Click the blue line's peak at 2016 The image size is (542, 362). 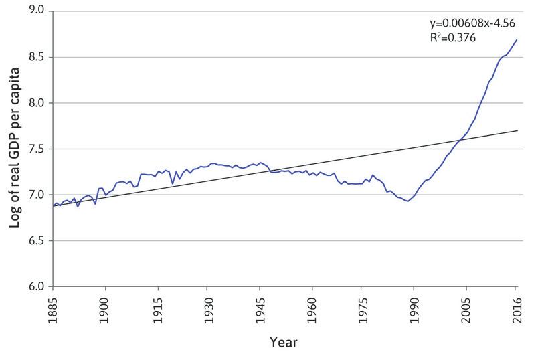click(x=517, y=40)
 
